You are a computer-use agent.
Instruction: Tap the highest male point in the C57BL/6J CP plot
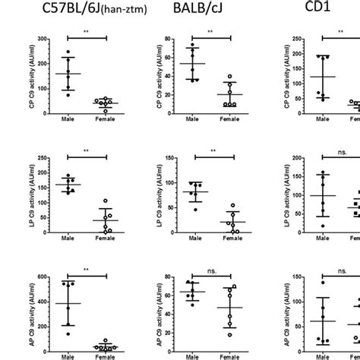(68, 53)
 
